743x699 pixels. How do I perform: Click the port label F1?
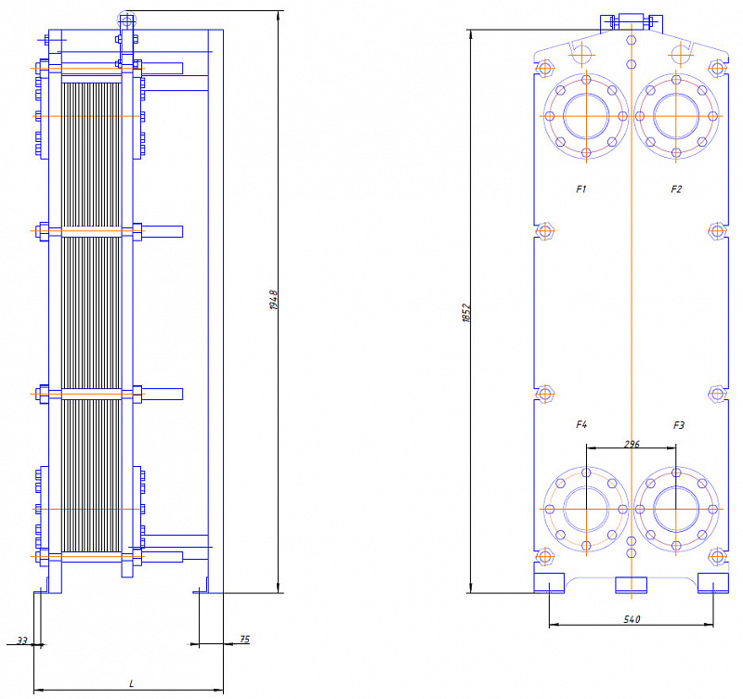581,189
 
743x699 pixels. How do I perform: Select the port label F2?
676,189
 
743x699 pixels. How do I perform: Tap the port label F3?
679,425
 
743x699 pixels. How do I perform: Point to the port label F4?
581,424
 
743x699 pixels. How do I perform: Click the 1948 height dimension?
274,300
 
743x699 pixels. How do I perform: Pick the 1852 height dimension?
467,313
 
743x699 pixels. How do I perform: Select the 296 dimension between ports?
632,445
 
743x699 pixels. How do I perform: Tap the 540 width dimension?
632,619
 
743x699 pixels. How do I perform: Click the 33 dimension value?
22,641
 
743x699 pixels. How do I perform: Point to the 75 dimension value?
244,640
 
